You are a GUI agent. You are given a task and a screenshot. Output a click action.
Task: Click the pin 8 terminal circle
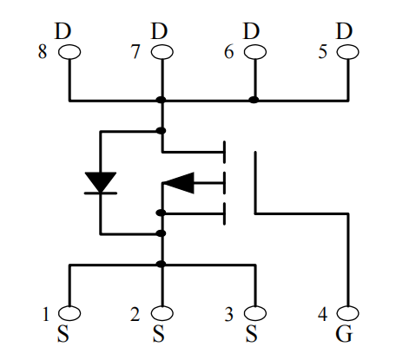point(69,52)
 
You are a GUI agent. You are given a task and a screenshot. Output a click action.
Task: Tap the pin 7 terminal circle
point(162,52)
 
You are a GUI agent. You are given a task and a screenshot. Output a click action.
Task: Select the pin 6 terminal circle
point(255,52)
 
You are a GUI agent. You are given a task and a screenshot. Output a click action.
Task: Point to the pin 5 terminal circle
point(347,52)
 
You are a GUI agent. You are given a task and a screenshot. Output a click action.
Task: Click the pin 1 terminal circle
point(69,313)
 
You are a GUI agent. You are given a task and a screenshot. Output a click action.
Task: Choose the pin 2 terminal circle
point(162,313)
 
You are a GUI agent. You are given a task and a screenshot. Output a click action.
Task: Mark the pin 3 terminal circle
point(255,313)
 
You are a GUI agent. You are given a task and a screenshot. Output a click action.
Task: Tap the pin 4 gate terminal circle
point(347,313)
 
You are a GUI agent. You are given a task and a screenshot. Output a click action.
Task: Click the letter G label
point(344,334)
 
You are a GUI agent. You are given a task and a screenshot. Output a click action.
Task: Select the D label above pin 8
point(63,31)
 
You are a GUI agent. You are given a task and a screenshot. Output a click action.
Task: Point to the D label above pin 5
point(344,31)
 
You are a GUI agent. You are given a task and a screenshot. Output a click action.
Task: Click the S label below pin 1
point(63,334)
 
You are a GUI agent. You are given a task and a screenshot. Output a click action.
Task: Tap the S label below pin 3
point(251,334)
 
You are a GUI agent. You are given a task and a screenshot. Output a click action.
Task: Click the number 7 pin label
point(135,52)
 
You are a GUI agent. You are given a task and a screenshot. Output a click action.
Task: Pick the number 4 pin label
point(323,313)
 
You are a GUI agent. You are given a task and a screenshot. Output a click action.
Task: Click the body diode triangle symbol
point(101,182)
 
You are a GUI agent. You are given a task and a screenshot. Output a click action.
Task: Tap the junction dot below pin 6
point(254,100)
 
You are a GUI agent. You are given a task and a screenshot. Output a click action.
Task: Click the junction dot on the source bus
point(161,264)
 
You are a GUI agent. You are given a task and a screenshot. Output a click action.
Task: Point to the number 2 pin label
point(135,314)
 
